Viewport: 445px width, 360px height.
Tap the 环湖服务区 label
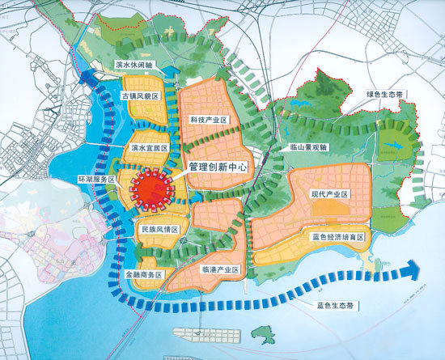pyautogui.click(x=96, y=176)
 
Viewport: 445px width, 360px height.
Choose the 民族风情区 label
pyautogui.click(x=159, y=230)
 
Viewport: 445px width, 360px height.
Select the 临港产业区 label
pyautogui.click(x=217, y=268)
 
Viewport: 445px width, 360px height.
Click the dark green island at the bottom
pyautogui.click(x=273, y=332)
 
